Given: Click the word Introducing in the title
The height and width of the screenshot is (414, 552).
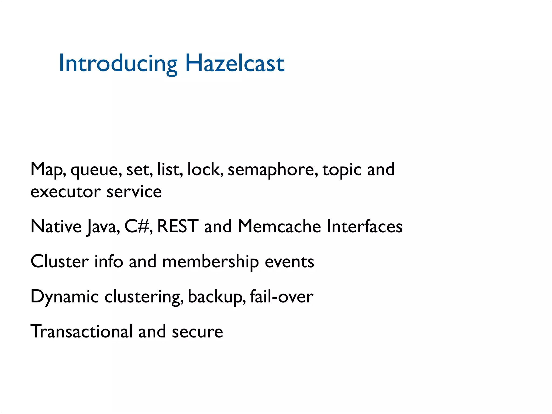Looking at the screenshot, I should [x=118, y=63].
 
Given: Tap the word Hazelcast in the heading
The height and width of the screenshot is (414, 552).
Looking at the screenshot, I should [x=235, y=63].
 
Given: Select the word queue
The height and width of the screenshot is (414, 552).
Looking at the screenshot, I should [x=96, y=170].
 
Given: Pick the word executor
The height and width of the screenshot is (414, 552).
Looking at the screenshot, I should [x=65, y=192].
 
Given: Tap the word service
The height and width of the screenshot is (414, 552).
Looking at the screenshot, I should [x=134, y=192].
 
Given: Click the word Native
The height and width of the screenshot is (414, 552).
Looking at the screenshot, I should [x=56, y=226].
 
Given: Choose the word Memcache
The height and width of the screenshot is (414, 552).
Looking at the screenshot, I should [x=279, y=226].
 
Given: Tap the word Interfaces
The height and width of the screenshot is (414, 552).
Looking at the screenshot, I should [x=364, y=226].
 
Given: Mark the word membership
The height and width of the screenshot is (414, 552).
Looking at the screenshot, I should [x=210, y=261].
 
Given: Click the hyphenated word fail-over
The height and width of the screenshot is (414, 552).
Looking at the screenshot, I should [x=281, y=296].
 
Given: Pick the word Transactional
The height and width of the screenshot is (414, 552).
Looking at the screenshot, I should [x=82, y=332].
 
